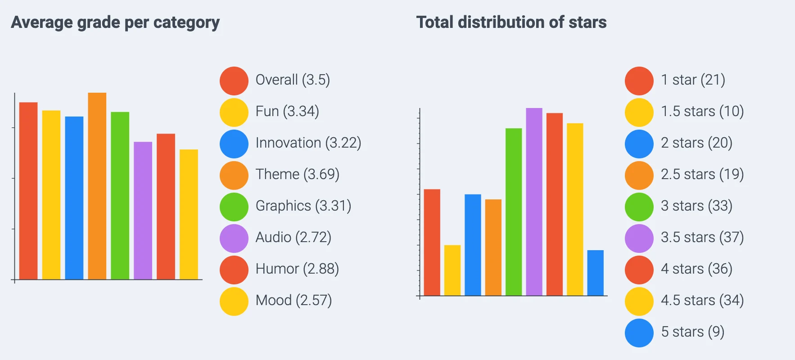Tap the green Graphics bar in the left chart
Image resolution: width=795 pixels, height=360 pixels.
click(x=120, y=196)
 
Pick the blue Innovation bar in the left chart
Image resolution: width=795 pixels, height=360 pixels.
click(x=74, y=198)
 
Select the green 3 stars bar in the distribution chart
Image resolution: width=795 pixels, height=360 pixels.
click(x=514, y=212)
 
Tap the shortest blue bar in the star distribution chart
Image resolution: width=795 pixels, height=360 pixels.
click(x=595, y=273)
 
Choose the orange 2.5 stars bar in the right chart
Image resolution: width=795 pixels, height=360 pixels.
click(x=493, y=247)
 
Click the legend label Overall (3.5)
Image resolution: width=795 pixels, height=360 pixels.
click(x=293, y=80)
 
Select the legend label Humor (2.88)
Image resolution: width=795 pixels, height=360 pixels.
click(x=297, y=269)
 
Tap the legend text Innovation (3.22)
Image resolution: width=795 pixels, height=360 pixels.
click(x=308, y=143)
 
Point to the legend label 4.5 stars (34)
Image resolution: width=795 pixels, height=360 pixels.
click(x=702, y=301)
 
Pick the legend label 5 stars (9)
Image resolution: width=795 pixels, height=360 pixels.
click(x=692, y=332)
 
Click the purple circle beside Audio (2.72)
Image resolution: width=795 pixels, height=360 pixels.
click(x=234, y=238)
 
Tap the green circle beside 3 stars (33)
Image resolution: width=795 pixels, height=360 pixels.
click(x=639, y=207)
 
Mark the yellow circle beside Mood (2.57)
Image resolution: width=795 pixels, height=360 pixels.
click(x=234, y=301)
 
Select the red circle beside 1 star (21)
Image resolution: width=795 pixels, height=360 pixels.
click(x=639, y=81)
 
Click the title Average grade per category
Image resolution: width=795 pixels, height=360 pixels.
click(x=115, y=22)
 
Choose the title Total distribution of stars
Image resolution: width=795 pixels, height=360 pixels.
click(x=511, y=22)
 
